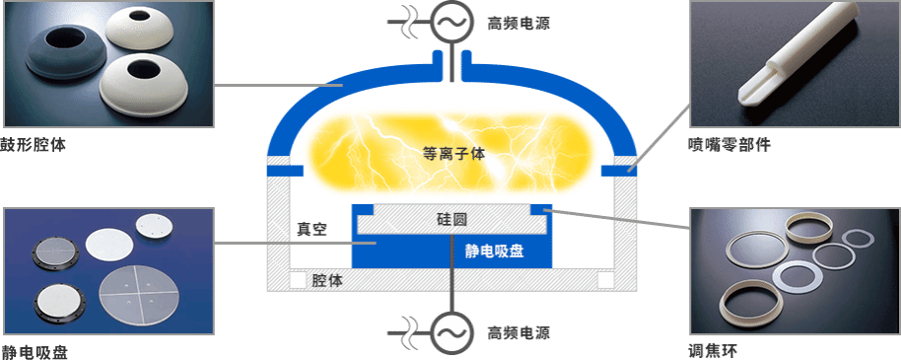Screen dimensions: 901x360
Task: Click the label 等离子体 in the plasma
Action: click(453, 154)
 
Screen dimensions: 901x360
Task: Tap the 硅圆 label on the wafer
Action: click(451, 219)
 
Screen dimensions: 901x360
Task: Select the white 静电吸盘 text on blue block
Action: click(494, 251)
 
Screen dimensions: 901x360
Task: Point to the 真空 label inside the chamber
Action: click(312, 230)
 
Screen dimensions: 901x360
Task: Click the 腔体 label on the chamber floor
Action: click(327, 281)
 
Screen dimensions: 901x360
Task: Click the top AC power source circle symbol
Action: click(451, 23)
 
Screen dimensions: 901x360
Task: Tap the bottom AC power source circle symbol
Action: click(451, 333)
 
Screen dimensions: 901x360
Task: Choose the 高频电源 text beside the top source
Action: click(519, 23)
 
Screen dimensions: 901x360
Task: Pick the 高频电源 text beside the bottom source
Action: click(519, 332)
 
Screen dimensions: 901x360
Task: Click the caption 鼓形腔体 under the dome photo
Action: click(34, 144)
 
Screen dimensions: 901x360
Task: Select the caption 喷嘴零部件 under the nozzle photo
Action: click(728, 145)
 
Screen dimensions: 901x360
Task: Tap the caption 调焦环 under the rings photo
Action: click(712, 350)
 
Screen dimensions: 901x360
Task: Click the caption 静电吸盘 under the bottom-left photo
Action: click(35, 352)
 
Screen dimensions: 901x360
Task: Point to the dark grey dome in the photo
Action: click(65, 53)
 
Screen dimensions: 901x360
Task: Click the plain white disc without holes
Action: click(109, 246)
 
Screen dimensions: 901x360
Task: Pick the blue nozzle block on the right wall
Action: click(619, 171)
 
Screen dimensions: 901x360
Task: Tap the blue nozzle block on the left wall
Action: click(285, 171)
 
